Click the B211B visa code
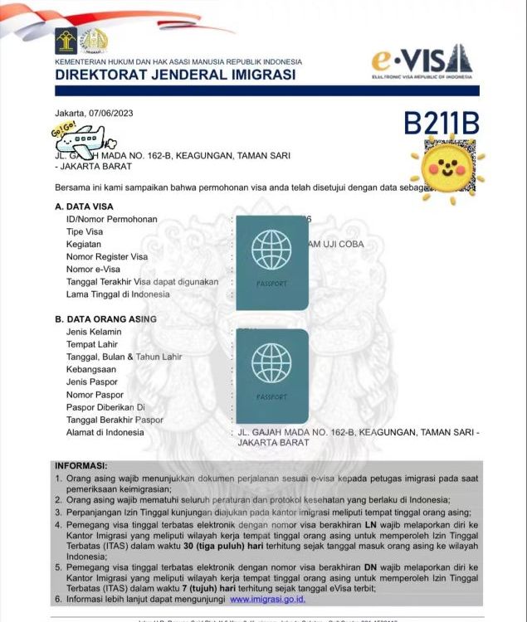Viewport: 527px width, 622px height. (x=442, y=123)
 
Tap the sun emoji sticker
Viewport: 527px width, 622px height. (x=451, y=165)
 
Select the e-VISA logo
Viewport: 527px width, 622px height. (x=422, y=60)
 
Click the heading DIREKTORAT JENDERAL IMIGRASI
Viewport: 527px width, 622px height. (x=175, y=75)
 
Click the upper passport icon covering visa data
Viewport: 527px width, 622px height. (x=271, y=262)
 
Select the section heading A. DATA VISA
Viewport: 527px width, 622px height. (x=85, y=207)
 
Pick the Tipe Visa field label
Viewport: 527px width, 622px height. (x=85, y=232)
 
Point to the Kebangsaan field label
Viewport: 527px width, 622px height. (x=91, y=370)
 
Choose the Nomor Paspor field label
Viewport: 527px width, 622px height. (x=95, y=395)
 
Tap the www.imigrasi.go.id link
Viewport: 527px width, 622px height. (x=267, y=599)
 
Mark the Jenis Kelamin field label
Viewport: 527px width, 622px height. (x=94, y=332)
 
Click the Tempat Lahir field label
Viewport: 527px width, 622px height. (x=91, y=345)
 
